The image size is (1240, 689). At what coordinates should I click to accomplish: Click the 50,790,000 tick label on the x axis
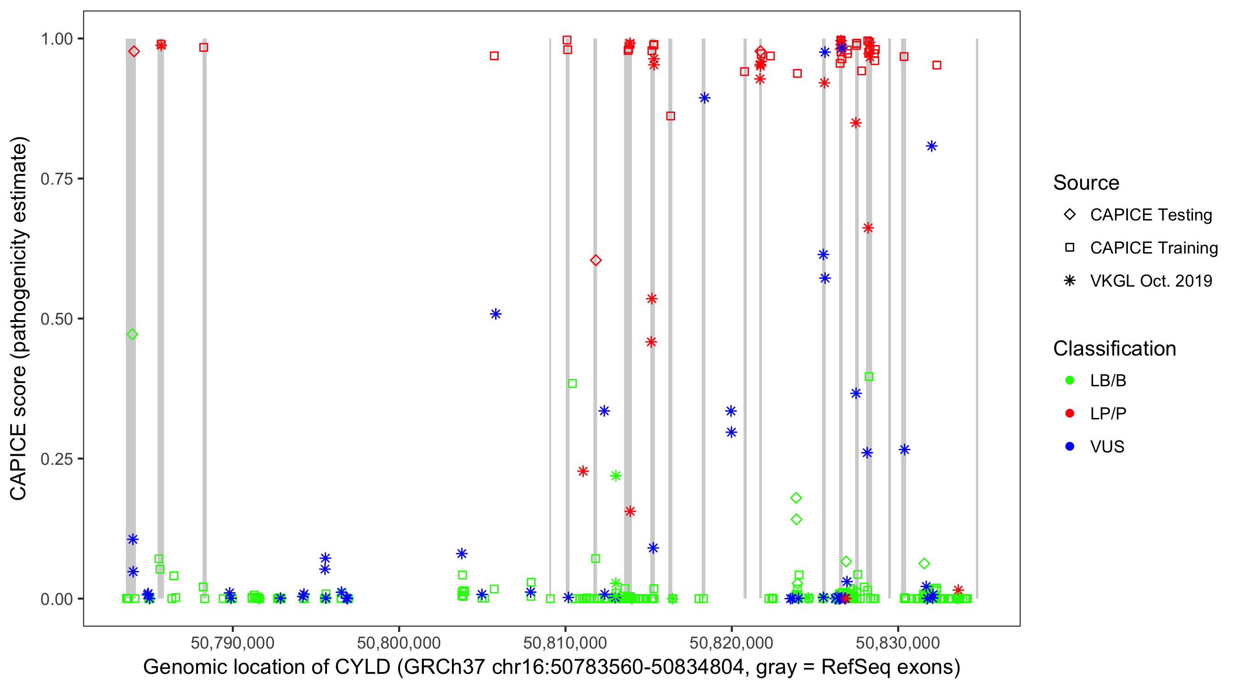(232, 643)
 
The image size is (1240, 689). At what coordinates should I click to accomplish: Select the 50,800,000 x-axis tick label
(399, 643)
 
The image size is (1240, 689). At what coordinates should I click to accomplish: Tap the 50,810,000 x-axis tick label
(565, 643)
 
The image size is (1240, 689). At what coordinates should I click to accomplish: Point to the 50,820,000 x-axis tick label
(731, 643)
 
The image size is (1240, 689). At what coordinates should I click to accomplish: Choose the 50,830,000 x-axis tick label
(898, 643)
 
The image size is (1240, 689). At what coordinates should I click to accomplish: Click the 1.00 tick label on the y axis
(56, 39)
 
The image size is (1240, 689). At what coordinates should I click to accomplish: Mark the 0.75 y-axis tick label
(56, 179)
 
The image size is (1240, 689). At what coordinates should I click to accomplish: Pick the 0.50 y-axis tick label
(56, 319)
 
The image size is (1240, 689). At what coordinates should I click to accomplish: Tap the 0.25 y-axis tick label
(56, 459)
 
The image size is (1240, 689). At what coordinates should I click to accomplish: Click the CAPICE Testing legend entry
(1150, 215)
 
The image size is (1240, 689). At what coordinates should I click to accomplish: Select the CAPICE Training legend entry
(1153, 248)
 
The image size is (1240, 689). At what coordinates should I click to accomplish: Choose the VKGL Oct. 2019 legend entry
(1150, 281)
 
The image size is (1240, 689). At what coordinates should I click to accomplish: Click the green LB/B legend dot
(1070, 380)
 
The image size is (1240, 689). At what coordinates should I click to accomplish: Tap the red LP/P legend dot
(1070, 413)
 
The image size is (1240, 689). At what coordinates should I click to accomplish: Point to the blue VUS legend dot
(1070, 446)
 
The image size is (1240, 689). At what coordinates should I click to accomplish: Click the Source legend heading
(1086, 183)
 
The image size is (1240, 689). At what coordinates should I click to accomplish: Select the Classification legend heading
(1114, 349)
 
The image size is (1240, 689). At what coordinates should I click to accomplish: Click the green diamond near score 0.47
(132, 334)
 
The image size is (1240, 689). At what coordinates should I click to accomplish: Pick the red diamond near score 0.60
(596, 260)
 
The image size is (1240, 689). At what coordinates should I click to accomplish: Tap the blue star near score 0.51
(496, 314)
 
